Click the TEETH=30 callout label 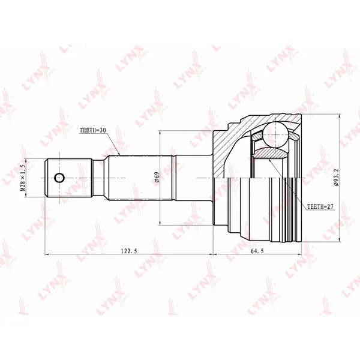click(x=92, y=130)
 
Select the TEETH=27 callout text click(x=320, y=206)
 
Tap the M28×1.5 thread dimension click(x=23, y=178)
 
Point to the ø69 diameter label click(x=157, y=177)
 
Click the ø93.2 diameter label click(x=337, y=178)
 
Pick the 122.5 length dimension click(x=129, y=251)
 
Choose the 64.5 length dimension click(x=257, y=251)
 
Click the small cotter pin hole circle click(x=59, y=178)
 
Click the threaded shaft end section click(x=68, y=178)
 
